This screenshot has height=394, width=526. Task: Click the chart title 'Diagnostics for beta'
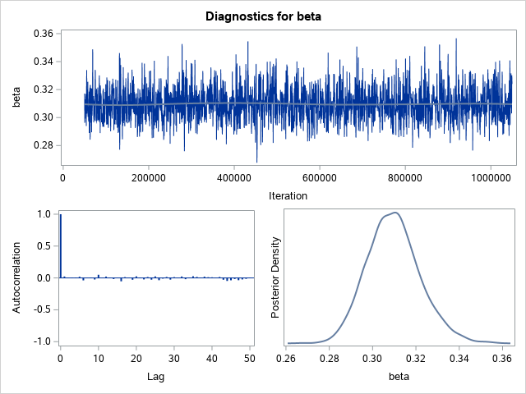click(x=263, y=16)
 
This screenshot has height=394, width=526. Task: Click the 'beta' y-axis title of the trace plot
click(x=16, y=98)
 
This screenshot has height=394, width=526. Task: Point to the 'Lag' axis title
click(x=155, y=377)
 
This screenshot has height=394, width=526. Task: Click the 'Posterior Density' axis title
click(x=277, y=277)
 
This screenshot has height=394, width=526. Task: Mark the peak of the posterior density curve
click(x=396, y=213)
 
